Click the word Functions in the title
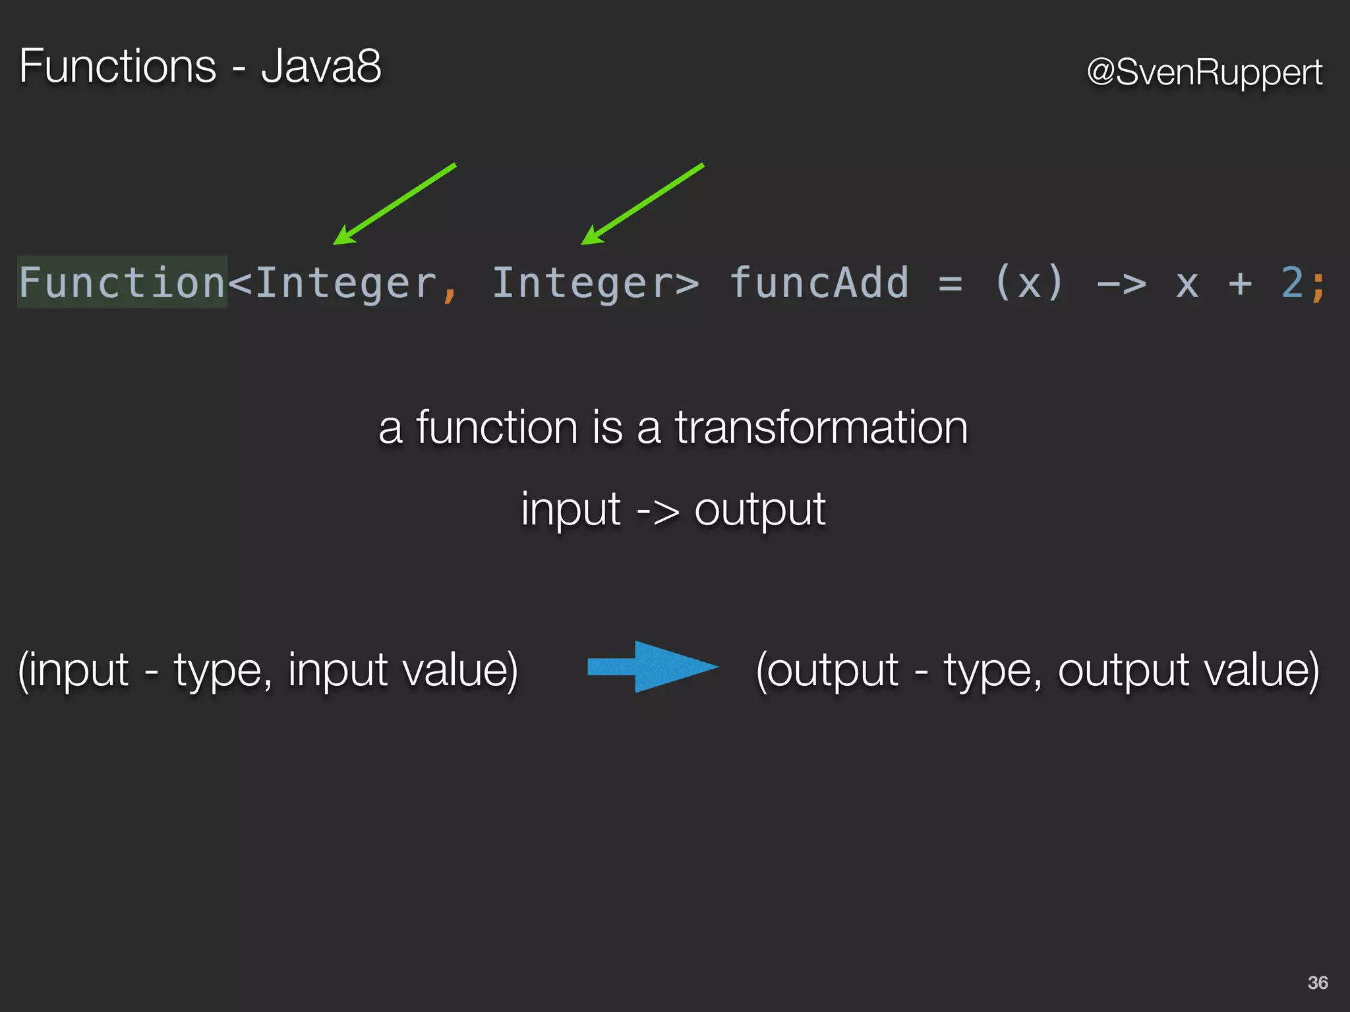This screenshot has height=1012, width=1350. point(117,67)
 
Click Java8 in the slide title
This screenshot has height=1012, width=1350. point(321,67)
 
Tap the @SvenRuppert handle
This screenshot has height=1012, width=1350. point(1204,72)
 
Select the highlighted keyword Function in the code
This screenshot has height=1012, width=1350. point(123,283)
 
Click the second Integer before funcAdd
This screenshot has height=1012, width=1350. point(583,283)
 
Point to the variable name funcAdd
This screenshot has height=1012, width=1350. point(819,283)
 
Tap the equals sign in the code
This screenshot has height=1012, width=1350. point(950,284)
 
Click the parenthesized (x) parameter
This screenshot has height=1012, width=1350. point(1029,283)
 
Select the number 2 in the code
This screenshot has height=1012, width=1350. point(1292,283)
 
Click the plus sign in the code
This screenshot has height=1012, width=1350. point(1240,284)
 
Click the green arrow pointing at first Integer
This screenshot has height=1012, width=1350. point(394,204)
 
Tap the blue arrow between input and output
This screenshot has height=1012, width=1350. point(653,667)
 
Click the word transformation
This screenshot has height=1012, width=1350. point(821,428)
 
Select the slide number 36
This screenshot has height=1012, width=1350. point(1318,982)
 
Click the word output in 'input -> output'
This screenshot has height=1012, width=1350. point(759,509)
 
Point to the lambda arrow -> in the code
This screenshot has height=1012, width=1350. point(1121,284)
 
